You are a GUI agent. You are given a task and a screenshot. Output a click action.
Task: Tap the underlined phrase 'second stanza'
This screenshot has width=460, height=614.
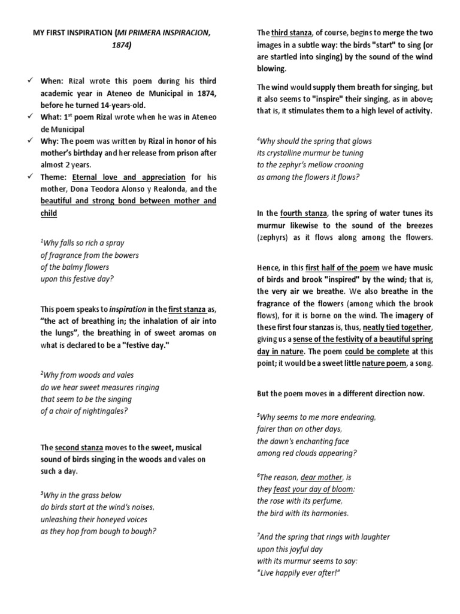pos(79,447)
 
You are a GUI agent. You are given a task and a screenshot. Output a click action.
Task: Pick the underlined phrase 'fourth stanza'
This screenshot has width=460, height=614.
pos(304,213)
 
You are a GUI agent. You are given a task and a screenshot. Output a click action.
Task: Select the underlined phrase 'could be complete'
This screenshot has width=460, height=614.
pos(377,351)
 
